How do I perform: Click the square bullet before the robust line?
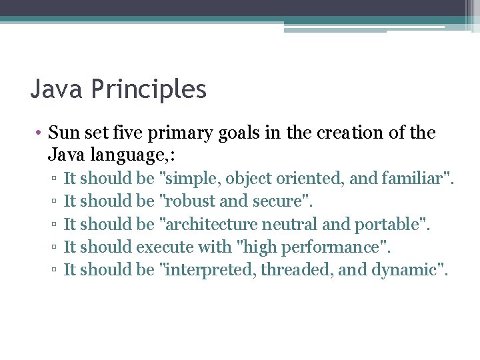(51, 202)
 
